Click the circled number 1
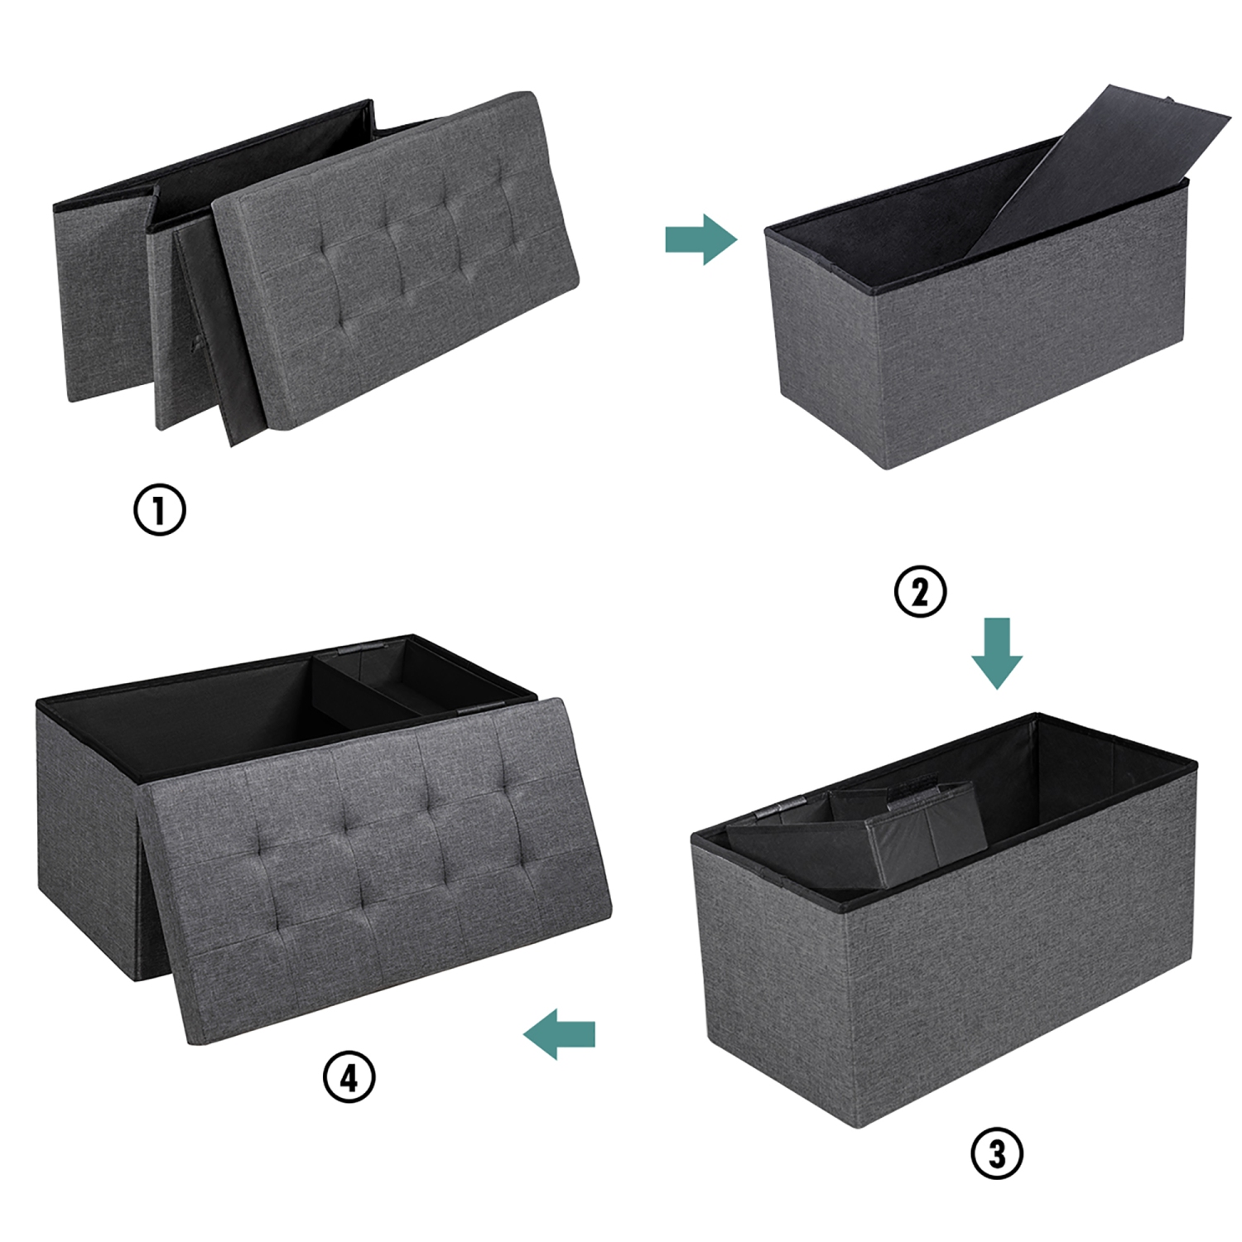(160, 509)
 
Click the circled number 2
(920, 592)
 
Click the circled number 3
(997, 1153)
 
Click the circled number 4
(349, 1077)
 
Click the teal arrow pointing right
(700, 240)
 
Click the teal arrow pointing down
(997, 652)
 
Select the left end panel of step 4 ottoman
(83, 845)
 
